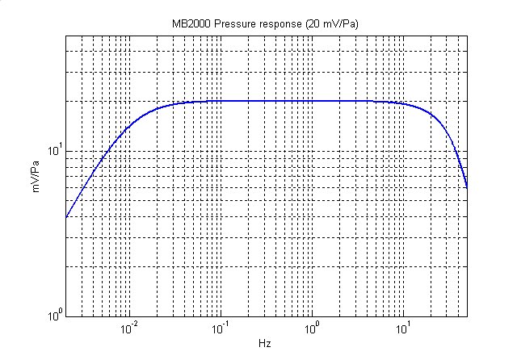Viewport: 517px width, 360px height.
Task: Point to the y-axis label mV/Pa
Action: coord(35,175)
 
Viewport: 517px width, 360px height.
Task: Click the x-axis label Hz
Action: coord(265,343)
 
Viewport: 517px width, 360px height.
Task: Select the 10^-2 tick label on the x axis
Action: coord(129,328)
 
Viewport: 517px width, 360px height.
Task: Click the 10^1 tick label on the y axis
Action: coord(55,151)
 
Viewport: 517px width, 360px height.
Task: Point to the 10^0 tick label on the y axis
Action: coord(55,315)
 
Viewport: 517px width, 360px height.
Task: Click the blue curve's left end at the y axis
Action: coord(66,217)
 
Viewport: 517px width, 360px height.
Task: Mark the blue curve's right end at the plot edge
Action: coord(467,188)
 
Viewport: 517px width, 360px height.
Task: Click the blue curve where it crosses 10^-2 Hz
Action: coord(130,126)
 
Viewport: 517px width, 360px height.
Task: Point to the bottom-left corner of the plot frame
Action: coord(66,316)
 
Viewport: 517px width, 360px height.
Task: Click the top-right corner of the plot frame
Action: coord(467,36)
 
